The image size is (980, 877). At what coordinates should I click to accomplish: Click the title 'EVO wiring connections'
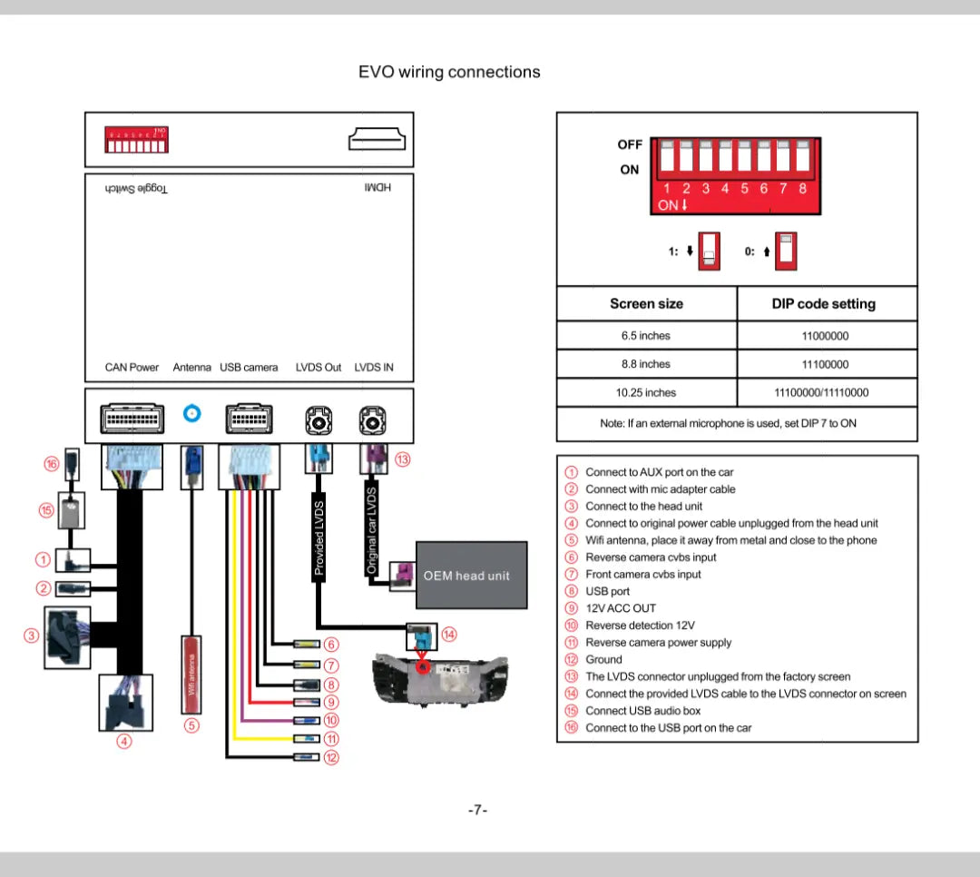click(449, 73)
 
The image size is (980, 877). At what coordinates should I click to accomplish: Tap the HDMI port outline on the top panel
click(377, 140)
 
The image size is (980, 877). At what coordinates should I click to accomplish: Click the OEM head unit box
click(471, 576)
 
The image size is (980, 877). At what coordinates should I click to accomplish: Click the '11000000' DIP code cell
click(825, 336)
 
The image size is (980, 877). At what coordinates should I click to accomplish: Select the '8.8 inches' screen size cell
click(646, 364)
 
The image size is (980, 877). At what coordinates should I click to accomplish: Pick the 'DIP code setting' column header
click(824, 304)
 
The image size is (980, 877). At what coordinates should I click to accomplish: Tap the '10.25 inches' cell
click(646, 393)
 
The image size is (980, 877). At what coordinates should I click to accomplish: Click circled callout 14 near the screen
click(449, 635)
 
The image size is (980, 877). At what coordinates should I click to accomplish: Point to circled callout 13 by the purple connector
click(403, 459)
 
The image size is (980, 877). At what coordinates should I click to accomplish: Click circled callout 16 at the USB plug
click(52, 464)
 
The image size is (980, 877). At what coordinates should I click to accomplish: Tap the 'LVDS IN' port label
click(374, 368)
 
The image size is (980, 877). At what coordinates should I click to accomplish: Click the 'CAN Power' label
click(132, 368)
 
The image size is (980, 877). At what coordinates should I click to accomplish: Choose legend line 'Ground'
click(603, 660)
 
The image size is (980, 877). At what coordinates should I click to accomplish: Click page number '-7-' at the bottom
click(478, 810)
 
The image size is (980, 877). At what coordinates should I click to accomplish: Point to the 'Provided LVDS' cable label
click(319, 537)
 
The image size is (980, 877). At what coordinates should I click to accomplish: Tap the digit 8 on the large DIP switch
click(802, 189)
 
